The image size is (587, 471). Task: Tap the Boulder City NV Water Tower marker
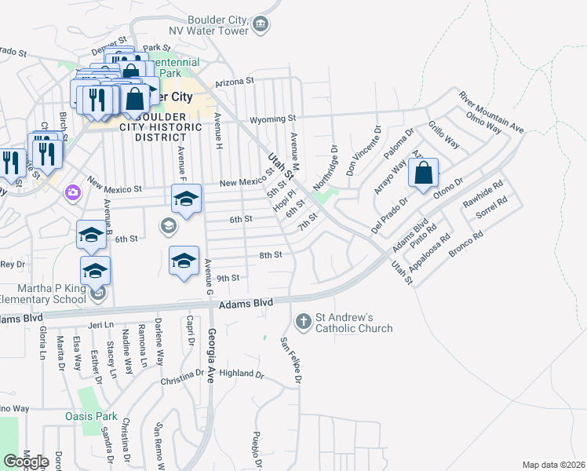click(x=261, y=26)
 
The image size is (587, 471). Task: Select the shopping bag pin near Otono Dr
click(x=423, y=175)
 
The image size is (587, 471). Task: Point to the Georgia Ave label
click(x=212, y=353)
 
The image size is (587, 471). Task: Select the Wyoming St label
click(x=272, y=119)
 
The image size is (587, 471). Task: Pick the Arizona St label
click(x=235, y=81)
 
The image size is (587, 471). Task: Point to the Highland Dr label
click(x=241, y=374)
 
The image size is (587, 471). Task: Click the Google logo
click(x=27, y=462)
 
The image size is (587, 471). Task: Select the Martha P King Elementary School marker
click(x=97, y=295)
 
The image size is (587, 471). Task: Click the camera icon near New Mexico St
click(x=73, y=192)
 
